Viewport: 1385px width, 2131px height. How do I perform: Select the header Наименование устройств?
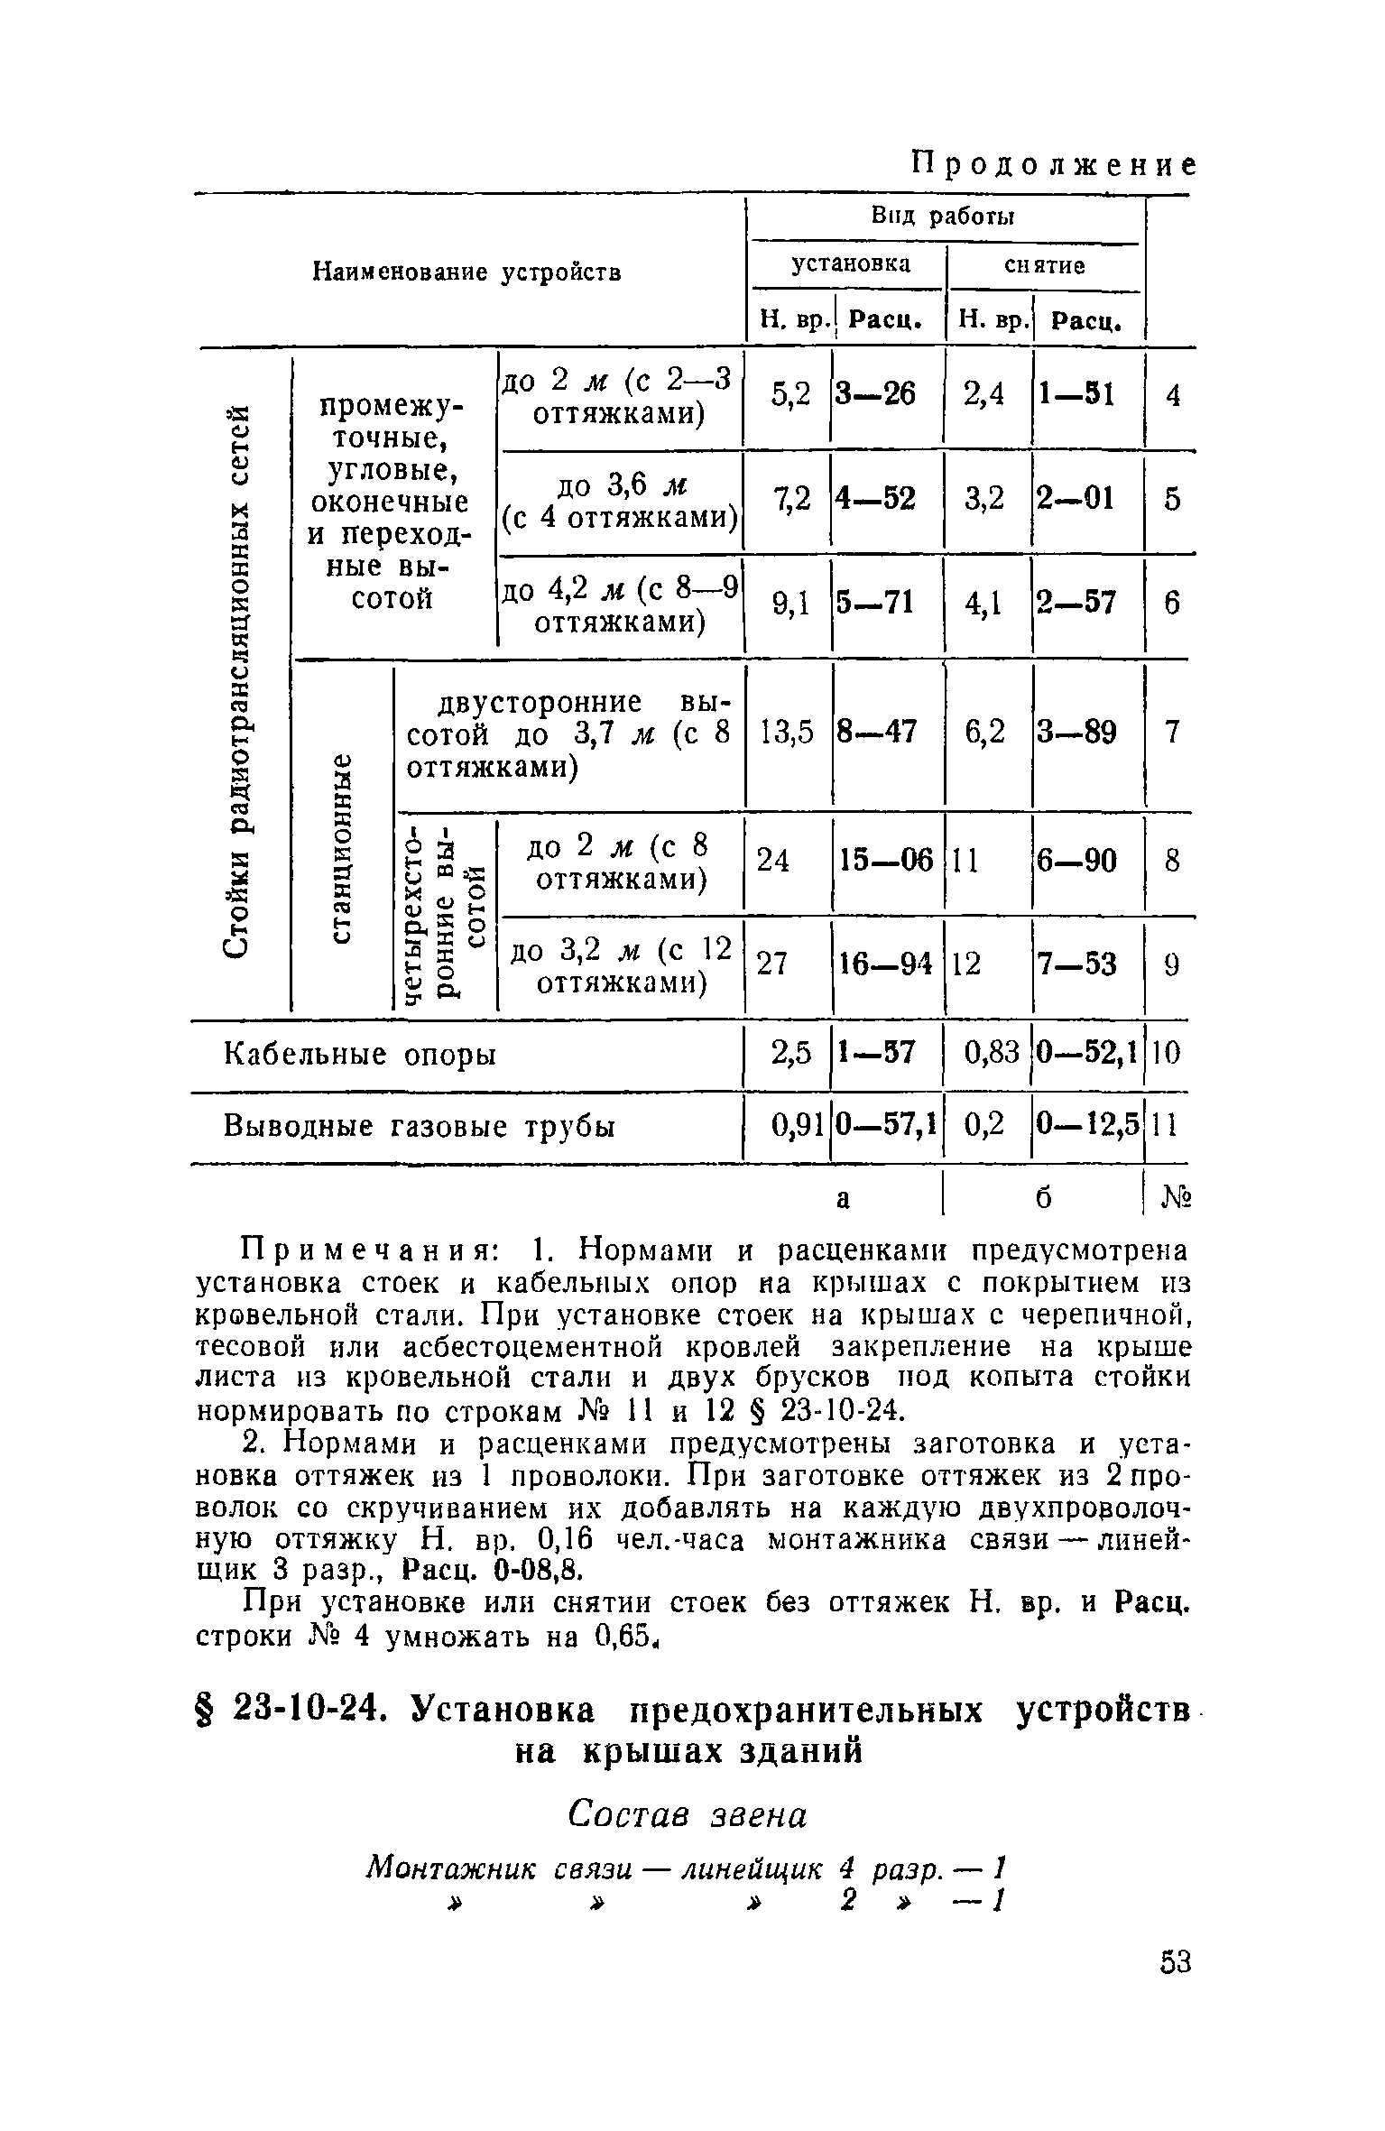[466, 272]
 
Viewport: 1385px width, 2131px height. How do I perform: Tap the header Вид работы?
[942, 217]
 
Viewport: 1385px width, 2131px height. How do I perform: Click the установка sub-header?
[851, 264]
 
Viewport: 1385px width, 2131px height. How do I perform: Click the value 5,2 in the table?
[791, 393]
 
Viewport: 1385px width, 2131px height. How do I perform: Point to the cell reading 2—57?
[1076, 603]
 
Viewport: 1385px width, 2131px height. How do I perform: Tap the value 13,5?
[788, 732]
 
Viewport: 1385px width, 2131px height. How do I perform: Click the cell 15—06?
[886, 862]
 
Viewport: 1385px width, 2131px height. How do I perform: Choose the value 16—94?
[885, 964]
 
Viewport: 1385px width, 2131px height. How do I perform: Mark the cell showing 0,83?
[991, 1052]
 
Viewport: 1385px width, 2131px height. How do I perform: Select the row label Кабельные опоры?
[360, 1053]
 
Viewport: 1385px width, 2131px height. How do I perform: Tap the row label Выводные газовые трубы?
[420, 1127]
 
